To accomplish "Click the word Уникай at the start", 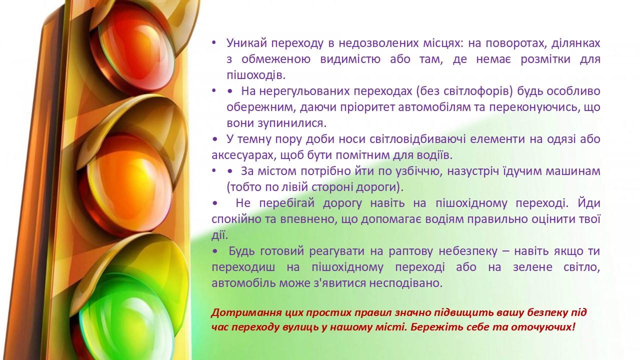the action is pyautogui.click(x=247, y=43).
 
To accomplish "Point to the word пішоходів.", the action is pyautogui.click(x=256, y=75).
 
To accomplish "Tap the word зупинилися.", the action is pyautogui.click(x=292, y=123).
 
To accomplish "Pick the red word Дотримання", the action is pyautogui.click(x=246, y=313).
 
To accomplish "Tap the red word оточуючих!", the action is pyautogui.click(x=542, y=327).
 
